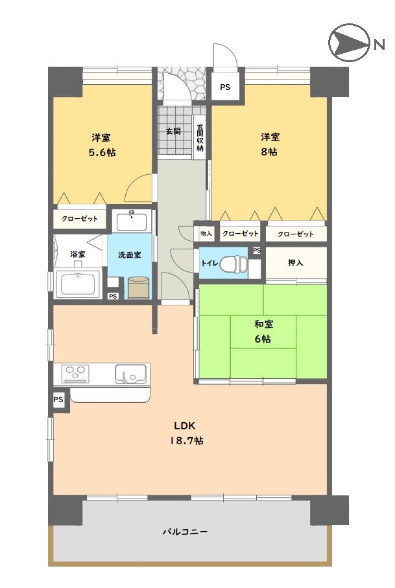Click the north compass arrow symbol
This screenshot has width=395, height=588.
348,42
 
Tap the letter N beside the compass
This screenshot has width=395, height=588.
379,45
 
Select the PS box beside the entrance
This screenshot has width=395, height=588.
225,87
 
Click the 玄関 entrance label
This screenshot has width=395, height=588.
173,131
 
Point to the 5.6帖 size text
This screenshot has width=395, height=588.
102,152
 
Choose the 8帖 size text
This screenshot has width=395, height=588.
269,152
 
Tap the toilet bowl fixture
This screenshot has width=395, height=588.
233,264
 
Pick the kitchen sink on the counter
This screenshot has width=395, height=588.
130,374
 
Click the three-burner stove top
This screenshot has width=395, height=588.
77,374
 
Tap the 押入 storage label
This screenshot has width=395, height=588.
296,262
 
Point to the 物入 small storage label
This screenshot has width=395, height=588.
206,234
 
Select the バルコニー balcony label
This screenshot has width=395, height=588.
185,532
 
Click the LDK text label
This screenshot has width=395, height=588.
185,425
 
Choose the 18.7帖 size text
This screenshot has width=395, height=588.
187,440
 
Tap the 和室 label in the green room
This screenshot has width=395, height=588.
263,324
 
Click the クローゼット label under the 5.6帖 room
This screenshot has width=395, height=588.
80,218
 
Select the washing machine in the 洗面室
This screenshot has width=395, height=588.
138,288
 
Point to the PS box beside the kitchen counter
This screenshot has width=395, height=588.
58,400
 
